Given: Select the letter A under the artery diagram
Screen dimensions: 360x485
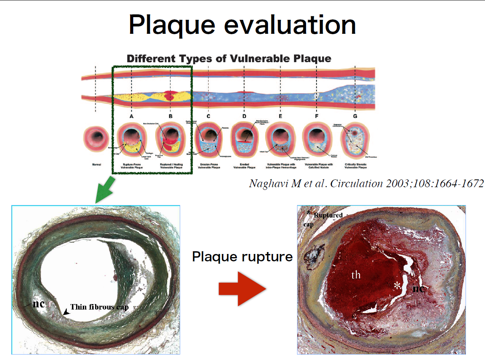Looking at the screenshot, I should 132,116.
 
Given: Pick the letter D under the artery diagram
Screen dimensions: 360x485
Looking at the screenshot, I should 244,116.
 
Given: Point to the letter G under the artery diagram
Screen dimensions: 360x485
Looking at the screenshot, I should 355,116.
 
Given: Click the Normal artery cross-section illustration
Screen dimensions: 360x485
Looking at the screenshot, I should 97,139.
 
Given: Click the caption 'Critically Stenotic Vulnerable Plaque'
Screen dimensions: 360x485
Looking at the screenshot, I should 355,166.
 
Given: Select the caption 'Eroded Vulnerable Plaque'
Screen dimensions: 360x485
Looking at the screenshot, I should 244,166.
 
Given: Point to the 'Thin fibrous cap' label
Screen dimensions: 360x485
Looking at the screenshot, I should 99,307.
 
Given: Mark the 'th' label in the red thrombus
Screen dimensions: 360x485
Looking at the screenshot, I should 356,275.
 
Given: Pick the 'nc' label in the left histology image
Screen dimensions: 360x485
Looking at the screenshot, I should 38,304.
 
